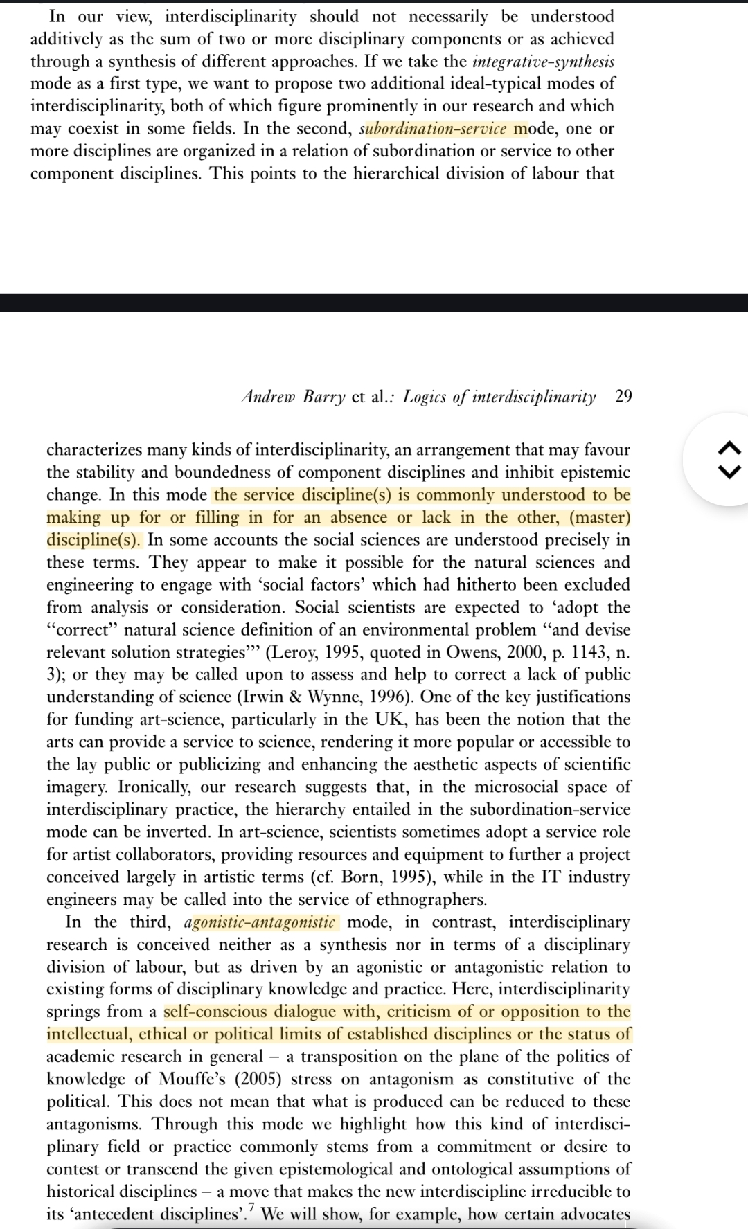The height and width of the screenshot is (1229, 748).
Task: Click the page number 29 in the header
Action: pyautogui.click(x=623, y=397)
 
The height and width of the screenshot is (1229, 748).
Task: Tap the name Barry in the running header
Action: pyautogui.click(x=323, y=397)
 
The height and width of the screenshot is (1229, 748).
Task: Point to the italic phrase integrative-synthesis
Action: pyautogui.click(x=543, y=62)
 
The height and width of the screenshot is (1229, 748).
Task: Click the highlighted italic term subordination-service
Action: pyautogui.click(x=433, y=129)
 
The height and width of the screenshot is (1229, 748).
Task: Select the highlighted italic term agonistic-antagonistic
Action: pyautogui.click(x=260, y=922)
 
